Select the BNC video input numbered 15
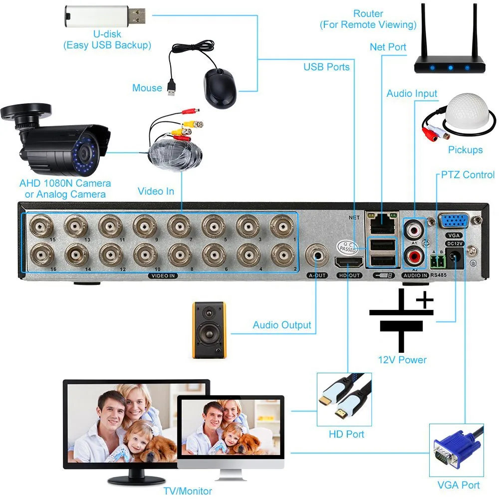point(39,227)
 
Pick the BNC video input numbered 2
point(281,255)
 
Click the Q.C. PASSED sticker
point(347,245)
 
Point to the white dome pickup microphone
point(465,115)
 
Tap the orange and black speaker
point(209,330)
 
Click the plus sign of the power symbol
point(424,300)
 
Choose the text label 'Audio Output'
point(282,325)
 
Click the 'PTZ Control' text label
point(468,175)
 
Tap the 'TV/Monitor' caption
point(188,491)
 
